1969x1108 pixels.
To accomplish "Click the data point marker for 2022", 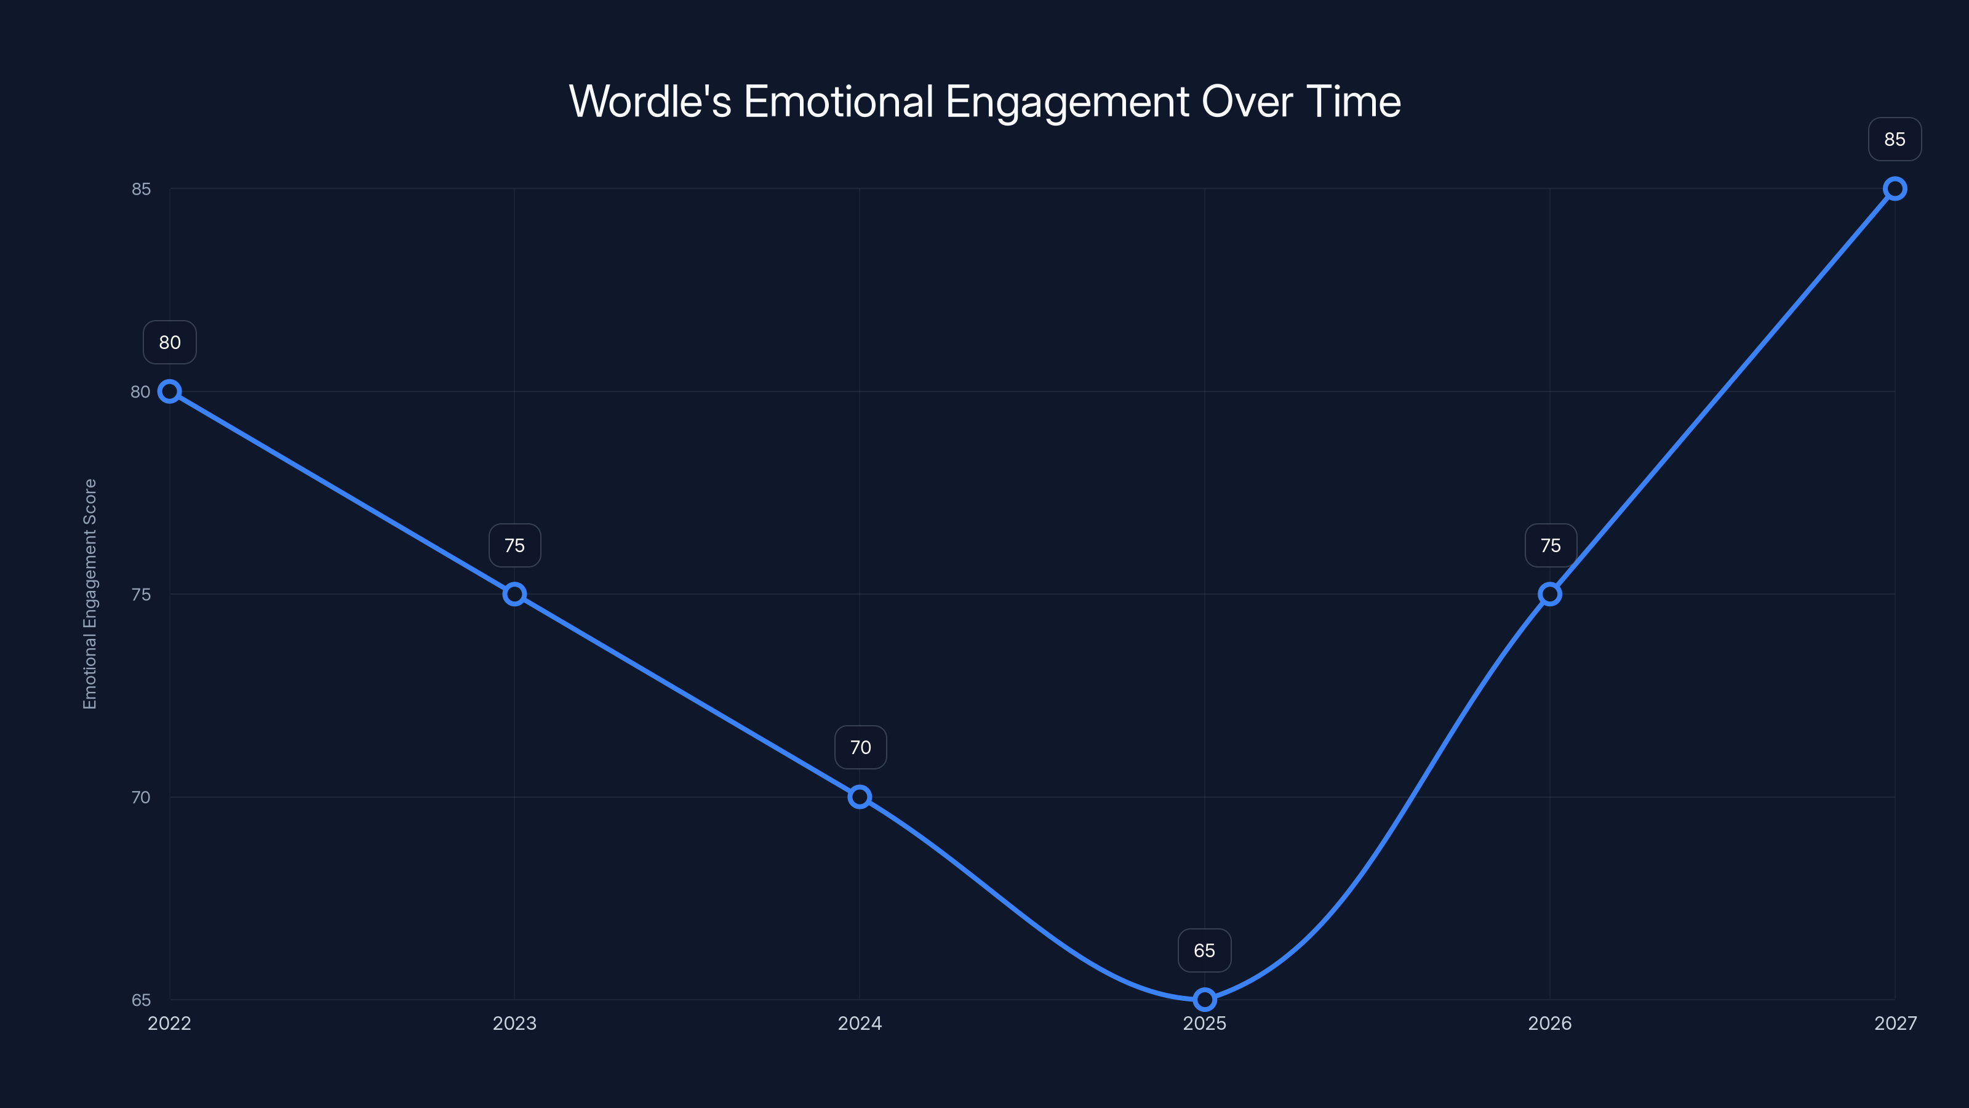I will (170, 391).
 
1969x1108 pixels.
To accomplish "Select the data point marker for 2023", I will (514, 594).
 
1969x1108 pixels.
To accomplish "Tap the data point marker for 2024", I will (860, 797).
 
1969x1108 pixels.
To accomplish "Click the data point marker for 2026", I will (1550, 594).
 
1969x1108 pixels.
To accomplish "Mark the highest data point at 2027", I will (1895, 189).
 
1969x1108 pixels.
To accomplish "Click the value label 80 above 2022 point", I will (170, 343).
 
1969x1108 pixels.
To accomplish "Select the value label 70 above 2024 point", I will (860, 747).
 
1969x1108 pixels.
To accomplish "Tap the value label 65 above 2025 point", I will (1205, 950).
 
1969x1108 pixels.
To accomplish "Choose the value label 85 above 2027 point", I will (1895, 139).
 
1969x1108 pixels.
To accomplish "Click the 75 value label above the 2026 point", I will (1550, 545).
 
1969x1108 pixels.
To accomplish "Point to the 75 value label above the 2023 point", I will (514, 545).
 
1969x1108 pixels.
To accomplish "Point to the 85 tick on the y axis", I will (141, 189).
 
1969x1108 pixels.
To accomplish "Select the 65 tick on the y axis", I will (141, 1000).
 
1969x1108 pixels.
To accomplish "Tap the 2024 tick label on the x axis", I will (860, 1023).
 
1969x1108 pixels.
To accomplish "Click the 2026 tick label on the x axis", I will (1550, 1023).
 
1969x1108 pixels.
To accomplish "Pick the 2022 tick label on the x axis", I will (170, 1023).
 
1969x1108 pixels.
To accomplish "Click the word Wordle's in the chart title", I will (650, 102).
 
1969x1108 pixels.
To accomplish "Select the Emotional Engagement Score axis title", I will (90, 594).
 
